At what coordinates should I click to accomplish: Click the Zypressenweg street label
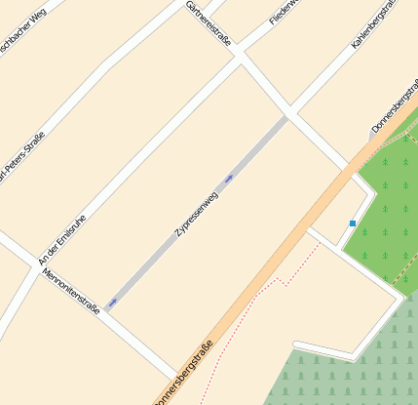[x=196, y=215]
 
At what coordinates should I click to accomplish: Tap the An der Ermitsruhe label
[x=61, y=240]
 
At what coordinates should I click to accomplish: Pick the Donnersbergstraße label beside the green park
[x=393, y=111]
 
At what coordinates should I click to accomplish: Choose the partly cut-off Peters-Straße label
[x=19, y=157]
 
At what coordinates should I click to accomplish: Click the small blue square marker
[x=353, y=223]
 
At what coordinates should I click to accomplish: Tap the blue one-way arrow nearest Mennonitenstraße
[x=112, y=303]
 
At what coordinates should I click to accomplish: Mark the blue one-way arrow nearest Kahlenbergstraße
[x=229, y=179]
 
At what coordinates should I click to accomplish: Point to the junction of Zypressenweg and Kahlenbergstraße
[x=287, y=117]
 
